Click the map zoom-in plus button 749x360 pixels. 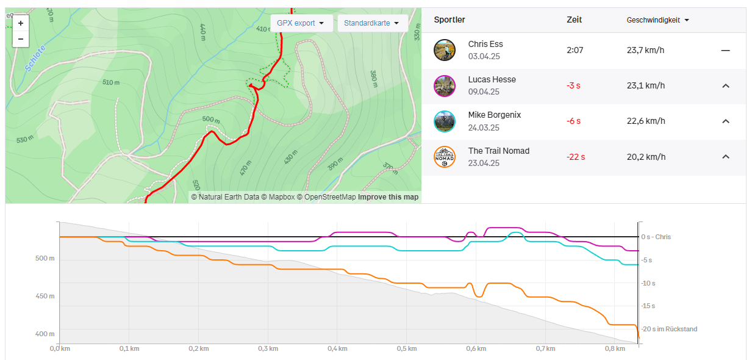(21, 23)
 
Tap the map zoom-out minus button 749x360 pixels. (21, 39)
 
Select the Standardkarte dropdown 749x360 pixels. (372, 23)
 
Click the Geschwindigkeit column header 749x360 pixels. (658, 20)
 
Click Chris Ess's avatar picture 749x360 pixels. (445, 50)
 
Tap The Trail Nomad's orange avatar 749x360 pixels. (445, 157)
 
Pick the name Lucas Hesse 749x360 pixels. (492, 79)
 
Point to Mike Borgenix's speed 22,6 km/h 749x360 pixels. (645, 121)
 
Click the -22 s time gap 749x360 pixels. (576, 157)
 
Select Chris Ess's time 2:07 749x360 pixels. (575, 50)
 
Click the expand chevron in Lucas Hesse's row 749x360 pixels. (725, 86)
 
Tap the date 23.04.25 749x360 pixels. (484, 163)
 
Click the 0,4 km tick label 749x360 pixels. (337, 348)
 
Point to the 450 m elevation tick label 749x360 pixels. (45, 296)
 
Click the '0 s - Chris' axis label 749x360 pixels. (656, 237)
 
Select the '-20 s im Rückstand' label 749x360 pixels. (669, 329)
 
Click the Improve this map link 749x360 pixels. (388, 197)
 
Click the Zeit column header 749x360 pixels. (574, 20)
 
